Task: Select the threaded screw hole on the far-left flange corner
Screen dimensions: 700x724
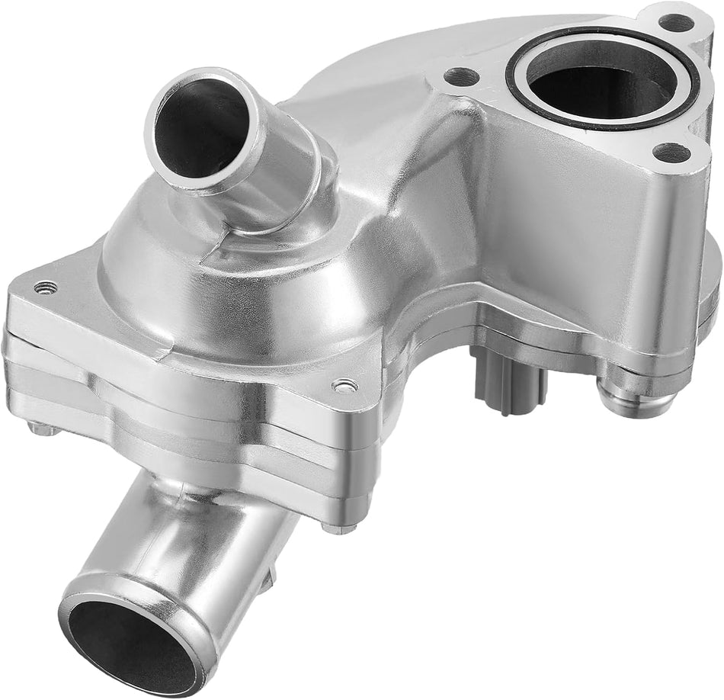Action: [x=45, y=287]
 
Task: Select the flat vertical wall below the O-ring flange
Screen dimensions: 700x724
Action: [x=579, y=229]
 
